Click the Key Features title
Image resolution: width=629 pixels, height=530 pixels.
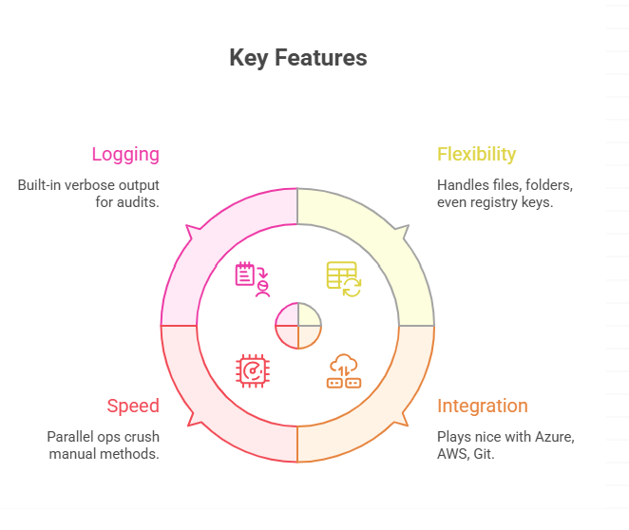(297, 58)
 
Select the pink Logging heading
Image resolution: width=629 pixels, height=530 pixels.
(124, 154)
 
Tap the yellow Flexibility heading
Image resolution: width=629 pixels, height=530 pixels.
(476, 154)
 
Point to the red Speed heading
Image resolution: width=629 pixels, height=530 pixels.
(133, 407)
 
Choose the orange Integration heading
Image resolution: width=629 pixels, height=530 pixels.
(482, 407)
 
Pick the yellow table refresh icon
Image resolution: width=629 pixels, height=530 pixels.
(343, 278)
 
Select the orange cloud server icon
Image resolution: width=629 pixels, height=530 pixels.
(343, 370)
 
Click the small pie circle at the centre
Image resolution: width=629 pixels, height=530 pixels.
(298, 325)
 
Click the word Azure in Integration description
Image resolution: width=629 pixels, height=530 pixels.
(555, 437)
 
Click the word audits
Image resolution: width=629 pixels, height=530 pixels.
(138, 202)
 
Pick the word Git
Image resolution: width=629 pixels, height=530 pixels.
(485, 454)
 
